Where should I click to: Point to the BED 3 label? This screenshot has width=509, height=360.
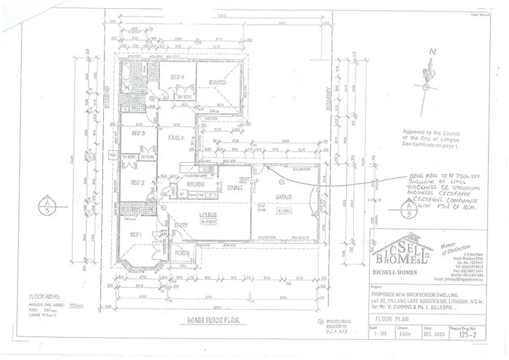click(139, 134)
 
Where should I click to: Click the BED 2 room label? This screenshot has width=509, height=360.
click(138, 182)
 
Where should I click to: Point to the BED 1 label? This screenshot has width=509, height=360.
click(136, 234)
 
